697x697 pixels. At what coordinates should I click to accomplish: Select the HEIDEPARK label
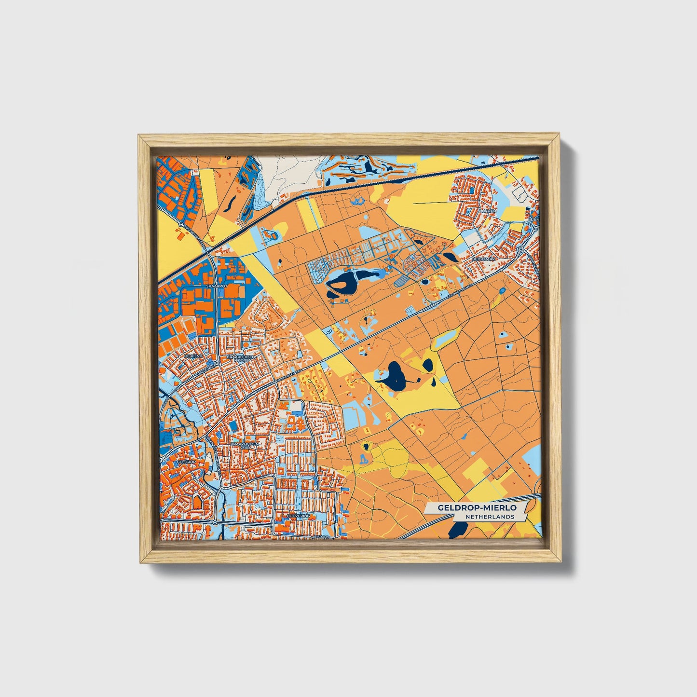484,259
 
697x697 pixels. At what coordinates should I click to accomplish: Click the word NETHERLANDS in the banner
490,517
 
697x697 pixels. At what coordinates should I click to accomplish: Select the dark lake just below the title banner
456,531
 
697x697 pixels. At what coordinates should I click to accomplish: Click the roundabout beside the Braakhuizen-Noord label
217,362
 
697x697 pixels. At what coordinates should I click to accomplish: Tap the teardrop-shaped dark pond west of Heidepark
448,257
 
